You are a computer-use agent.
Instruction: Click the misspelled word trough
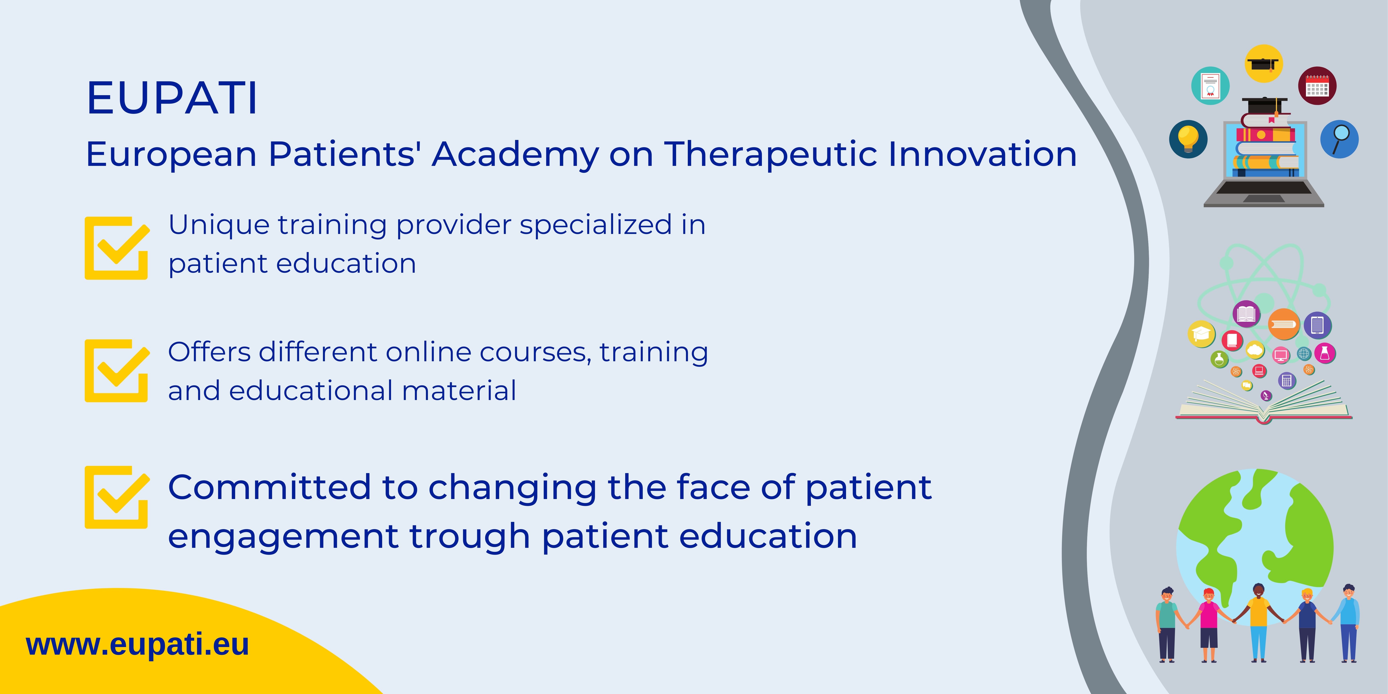[469, 537]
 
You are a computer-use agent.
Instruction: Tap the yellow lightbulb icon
[1188, 139]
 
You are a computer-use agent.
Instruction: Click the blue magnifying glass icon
[1340, 139]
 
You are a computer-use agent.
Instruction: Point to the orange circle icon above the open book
[1284, 324]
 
